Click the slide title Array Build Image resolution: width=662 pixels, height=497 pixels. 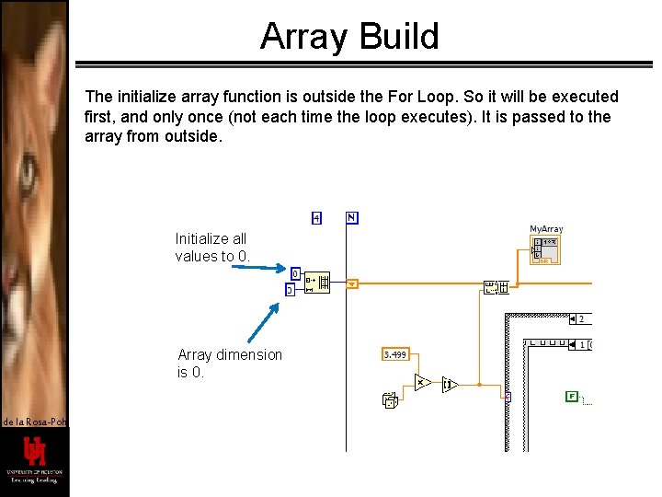tap(349, 37)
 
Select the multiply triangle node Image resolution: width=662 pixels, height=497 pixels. tap(423, 383)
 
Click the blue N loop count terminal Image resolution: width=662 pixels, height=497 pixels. tap(351, 218)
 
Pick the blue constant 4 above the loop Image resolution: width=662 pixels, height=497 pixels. tap(315, 218)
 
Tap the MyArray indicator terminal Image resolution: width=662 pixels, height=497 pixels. tap(545, 250)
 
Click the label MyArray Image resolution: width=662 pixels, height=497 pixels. tap(546, 228)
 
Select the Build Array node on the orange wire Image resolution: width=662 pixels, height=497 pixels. tap(496, 288)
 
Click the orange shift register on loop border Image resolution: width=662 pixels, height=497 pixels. tap(351, 284)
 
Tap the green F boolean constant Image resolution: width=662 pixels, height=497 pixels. tap(572, 397)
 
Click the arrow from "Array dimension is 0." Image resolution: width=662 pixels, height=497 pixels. tap(264, 323)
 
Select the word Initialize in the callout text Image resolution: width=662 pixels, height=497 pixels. tap(200, 238)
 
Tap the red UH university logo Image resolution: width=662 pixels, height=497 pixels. tap(34, 453)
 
